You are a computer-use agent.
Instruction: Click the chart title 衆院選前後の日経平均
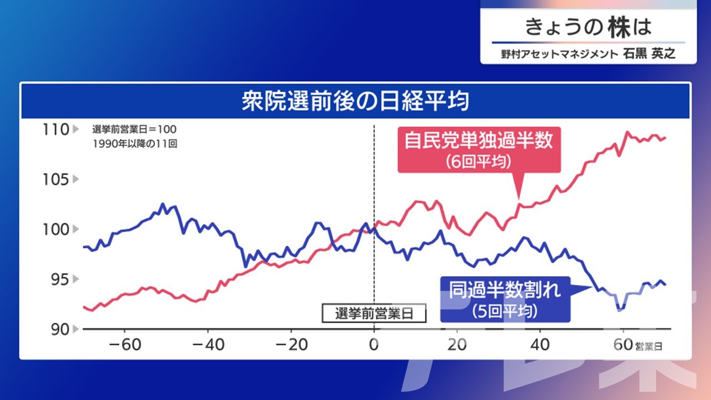pos(355,101)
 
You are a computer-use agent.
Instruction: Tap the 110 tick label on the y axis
pos(56,129)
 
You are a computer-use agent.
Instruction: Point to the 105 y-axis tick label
pos(56,179)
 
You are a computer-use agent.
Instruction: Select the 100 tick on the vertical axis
pos(56,229)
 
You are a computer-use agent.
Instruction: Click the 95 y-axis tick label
pos(59,279)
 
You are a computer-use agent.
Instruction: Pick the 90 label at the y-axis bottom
pos(59,329)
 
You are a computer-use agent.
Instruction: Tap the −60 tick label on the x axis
pos(125,345)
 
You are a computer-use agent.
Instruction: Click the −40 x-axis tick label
pos(208,345)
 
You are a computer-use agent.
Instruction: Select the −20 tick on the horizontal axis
pos(292,345)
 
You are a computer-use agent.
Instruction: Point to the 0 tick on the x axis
pos(374,345)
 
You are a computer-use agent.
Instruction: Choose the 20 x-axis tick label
pos(457,345)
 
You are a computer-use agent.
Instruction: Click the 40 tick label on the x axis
pos(540,345)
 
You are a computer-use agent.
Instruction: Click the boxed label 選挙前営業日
pos(374,313)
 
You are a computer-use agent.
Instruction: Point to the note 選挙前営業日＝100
pos(134,129)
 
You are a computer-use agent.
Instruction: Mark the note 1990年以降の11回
pos(135,144)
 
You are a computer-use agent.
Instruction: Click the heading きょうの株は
pos(588,27)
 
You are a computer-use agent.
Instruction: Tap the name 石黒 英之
pos(649,54)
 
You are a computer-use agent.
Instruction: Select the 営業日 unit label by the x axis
pos(649,347)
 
